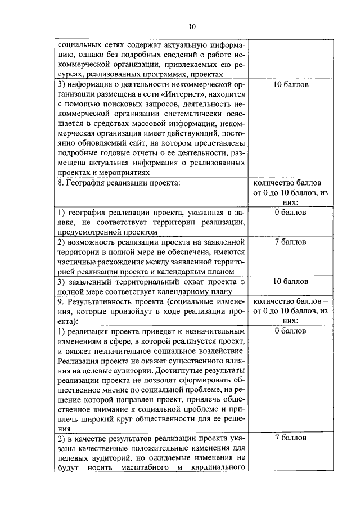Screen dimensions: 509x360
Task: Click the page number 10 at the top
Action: (x=192, y=26)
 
